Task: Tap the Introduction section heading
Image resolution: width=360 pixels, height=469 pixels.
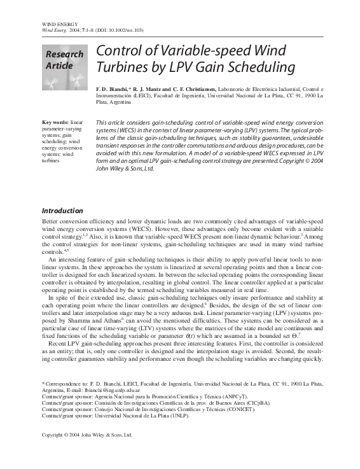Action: coord(62,211)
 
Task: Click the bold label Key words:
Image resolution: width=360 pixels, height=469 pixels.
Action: coord(55,122)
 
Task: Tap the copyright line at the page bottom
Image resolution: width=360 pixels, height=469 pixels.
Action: coord(87,435)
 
